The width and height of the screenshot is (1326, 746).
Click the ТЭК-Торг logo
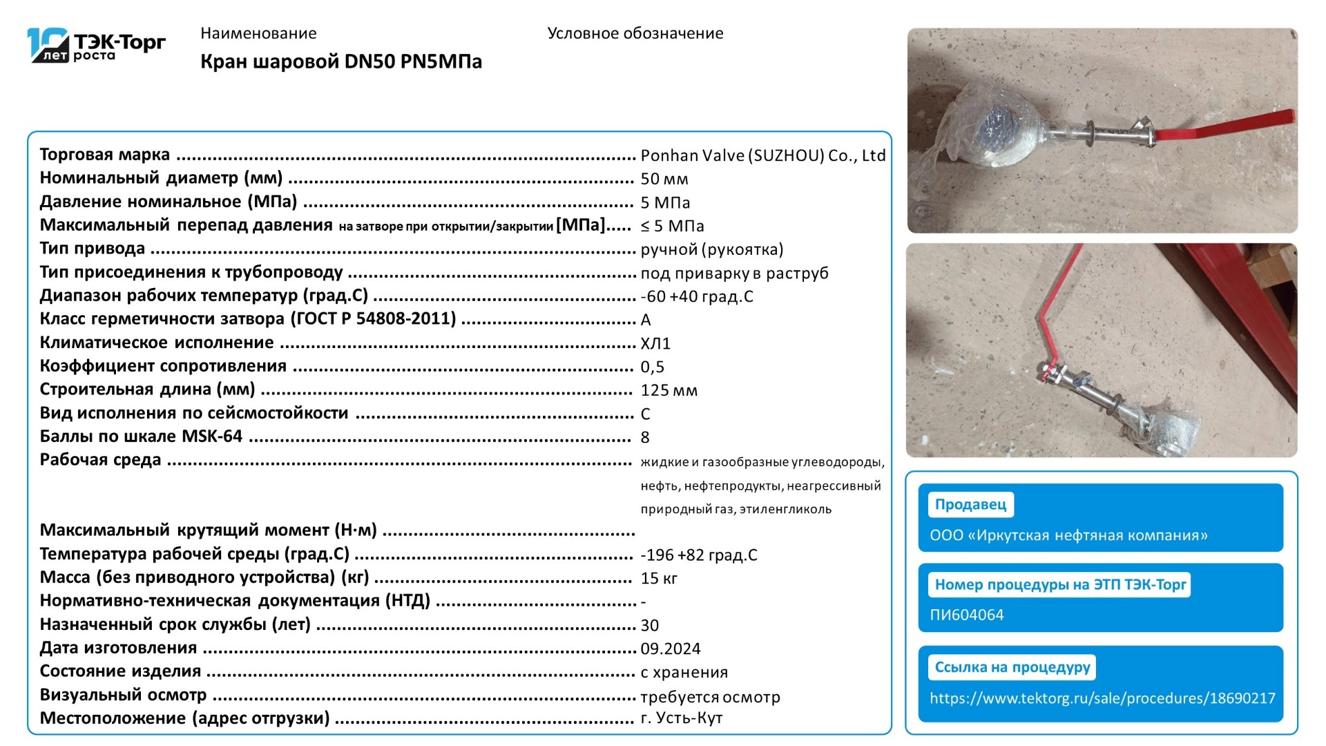coord(97,46)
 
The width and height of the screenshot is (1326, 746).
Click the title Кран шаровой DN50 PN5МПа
coord(341,61)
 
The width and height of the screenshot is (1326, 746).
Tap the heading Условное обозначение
coord(635,33)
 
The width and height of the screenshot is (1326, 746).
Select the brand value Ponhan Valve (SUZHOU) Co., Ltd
coord(762,155)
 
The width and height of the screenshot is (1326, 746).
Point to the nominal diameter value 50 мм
coord(664,179)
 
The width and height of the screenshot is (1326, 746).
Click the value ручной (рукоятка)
coord(711,249)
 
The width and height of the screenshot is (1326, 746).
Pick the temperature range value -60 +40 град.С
coord(696,296)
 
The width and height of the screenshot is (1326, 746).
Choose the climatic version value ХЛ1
coord(655,343)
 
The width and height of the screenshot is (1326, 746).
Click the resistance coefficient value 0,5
coord(652,367)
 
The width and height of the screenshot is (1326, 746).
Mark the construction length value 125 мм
coord(669,390)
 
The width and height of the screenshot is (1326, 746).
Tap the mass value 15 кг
coord(658,578)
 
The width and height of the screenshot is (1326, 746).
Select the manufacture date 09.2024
coord(670,649)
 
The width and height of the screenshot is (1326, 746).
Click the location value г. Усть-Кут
coord(681,718)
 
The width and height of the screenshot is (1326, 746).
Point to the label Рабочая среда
coord(100,460)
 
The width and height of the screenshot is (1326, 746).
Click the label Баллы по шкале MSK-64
coord(141,437)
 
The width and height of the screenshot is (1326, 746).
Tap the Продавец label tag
coord(970,504)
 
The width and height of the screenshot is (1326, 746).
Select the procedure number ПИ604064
coord(966,615)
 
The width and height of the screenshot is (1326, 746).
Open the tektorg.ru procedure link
coord(1102,698)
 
